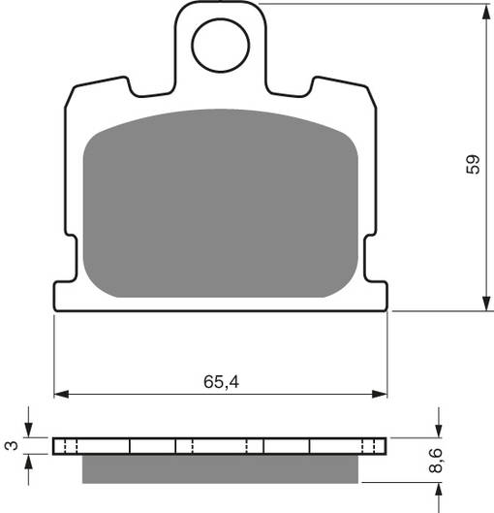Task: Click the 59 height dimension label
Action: pos(473,165)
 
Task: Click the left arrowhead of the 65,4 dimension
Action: pos(59,394)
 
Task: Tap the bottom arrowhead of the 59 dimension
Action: pos(484,305)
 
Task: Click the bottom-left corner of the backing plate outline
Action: pos(55,311)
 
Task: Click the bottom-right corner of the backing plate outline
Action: pos(386,311)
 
